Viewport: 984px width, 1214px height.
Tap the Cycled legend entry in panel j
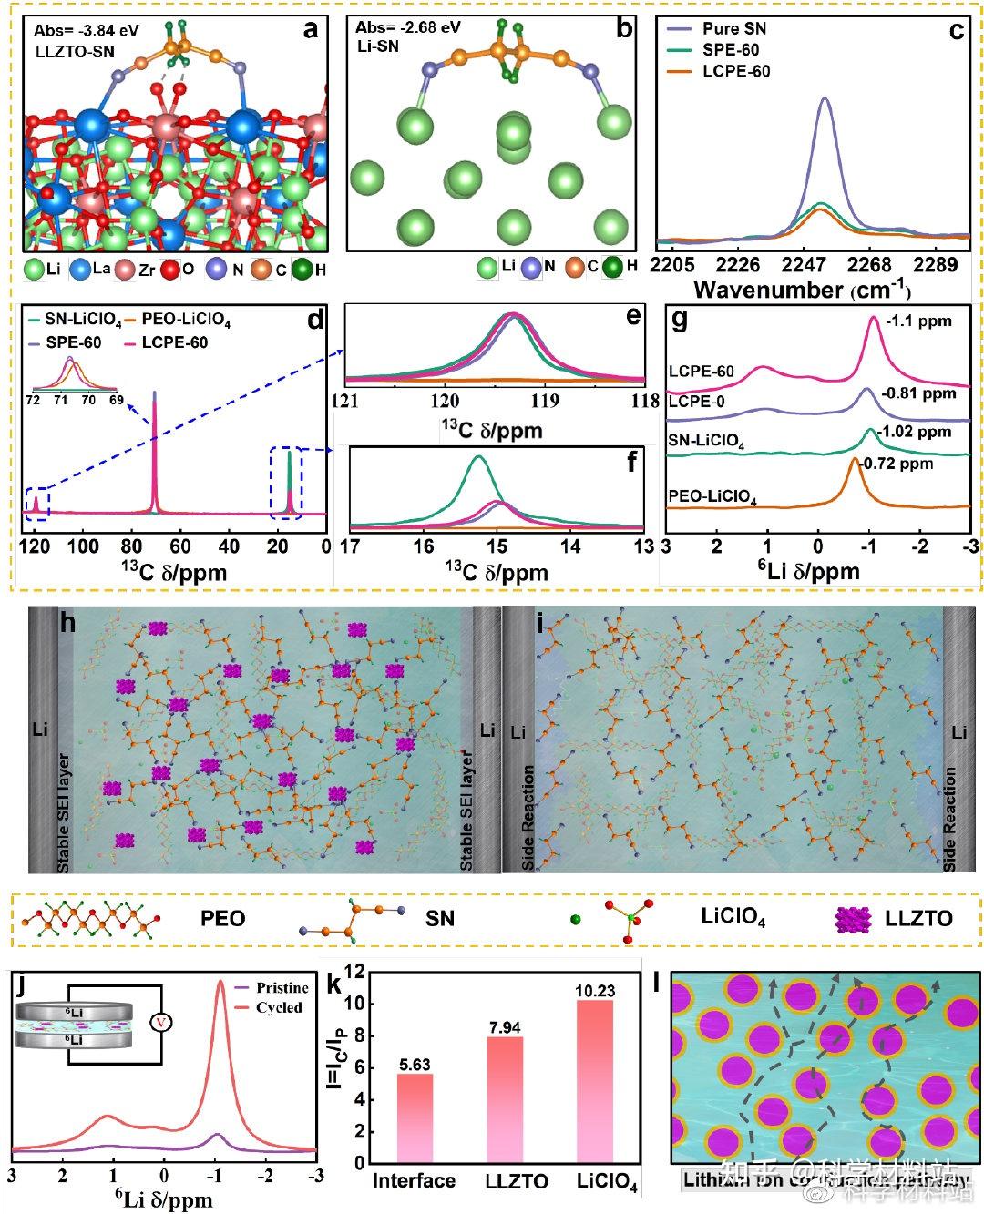tap(278, 1007)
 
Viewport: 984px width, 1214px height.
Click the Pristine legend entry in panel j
tap(282, 988)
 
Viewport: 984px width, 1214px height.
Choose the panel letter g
tap(679, 321)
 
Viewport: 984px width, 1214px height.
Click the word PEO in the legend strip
tap(223, 918)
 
